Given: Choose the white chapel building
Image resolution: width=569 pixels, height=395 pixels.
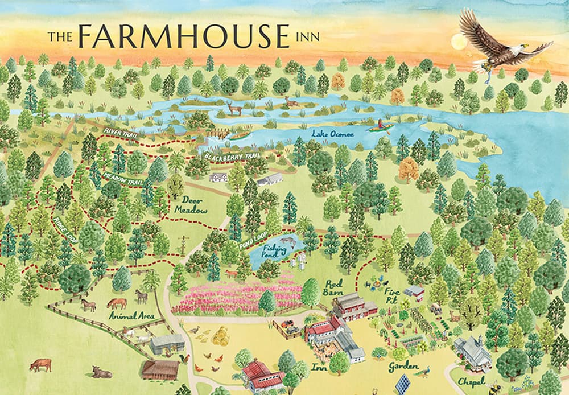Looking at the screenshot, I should [x=473, y=352].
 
